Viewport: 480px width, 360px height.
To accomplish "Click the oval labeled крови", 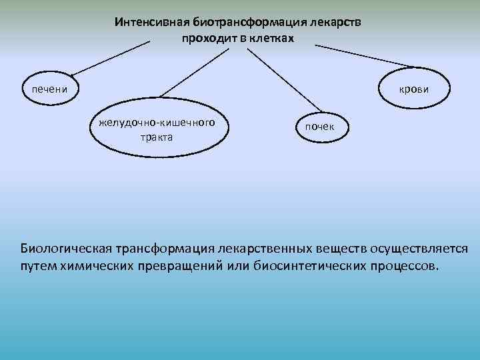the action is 413,89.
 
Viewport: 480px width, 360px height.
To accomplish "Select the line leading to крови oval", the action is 363,56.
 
